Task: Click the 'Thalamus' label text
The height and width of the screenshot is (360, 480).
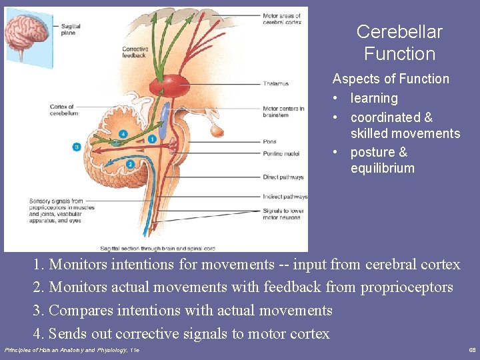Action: tap(275, 84)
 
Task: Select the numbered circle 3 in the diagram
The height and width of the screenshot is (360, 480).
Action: tap(77, 147)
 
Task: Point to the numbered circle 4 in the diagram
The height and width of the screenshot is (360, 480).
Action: tap(122, 134)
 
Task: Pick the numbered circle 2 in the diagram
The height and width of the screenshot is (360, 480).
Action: tap(130, 164)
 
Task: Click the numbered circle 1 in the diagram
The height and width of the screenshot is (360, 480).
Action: tap(153, 139)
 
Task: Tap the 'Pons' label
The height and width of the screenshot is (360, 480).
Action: tap(269, 141)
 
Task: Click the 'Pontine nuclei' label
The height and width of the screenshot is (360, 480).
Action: tap(281, 154)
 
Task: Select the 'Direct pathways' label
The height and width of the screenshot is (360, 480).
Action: tap(283, 177)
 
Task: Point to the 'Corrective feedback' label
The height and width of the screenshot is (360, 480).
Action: tap(135, 53)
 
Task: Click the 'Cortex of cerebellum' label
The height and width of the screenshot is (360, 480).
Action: tap(64, 110)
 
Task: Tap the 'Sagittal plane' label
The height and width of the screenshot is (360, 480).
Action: tap(70, 29)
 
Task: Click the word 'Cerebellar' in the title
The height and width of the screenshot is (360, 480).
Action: tap(399, 32)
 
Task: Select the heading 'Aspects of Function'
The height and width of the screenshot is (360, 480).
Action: tap(391, 79)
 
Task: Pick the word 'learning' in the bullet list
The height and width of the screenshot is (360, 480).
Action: tap(374, 98)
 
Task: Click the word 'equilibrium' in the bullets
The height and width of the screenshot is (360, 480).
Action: tap(382, 168)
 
